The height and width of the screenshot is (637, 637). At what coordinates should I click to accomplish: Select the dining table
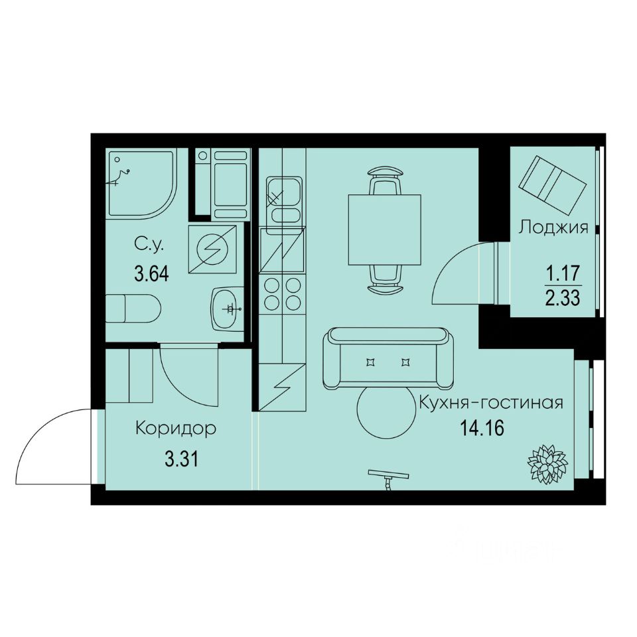point(385,228)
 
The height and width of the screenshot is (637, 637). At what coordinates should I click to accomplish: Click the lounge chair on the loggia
point(553,180)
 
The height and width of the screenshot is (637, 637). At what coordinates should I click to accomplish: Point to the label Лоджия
point(553,228)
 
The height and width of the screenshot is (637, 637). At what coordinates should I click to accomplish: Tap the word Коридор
point(176,429)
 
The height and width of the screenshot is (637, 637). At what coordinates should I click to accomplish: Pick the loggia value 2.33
point(563,297)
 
